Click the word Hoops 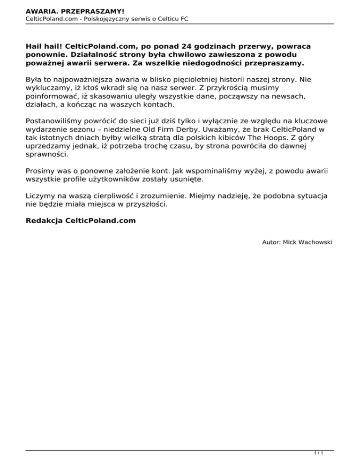click(x=280, y=135)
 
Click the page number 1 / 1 click(x=319, y=453)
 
